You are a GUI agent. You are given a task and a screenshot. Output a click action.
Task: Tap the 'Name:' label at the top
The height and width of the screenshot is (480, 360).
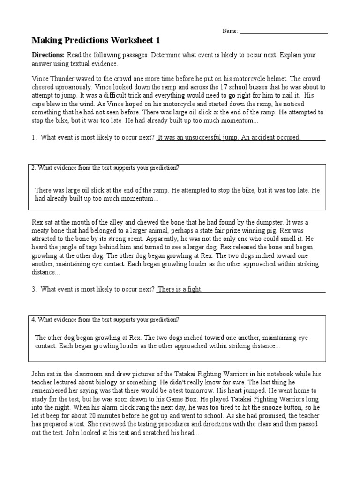point(230,31)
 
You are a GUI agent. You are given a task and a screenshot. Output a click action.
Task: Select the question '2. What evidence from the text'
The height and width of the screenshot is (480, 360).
point(105,168)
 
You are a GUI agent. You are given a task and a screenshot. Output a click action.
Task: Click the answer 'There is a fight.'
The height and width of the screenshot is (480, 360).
point(180,289)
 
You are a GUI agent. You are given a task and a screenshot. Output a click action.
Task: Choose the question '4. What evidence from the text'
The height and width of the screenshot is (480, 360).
point(105,320)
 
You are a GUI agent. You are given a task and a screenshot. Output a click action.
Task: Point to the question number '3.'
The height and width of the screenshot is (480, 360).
point(34,289)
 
